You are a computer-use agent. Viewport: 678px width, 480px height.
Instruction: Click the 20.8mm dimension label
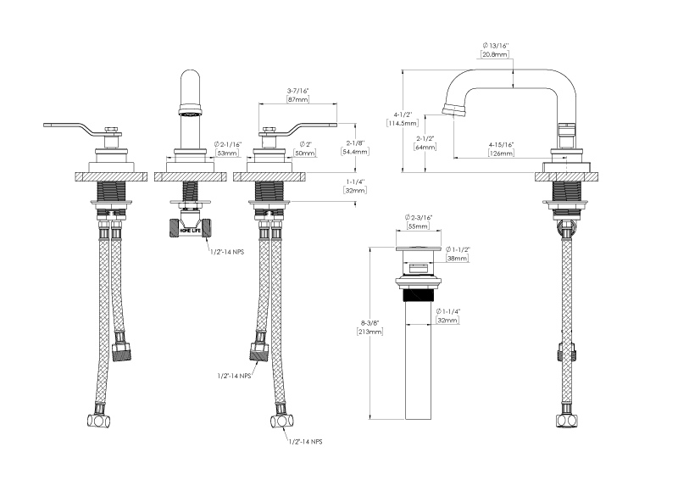(x=494, y=53)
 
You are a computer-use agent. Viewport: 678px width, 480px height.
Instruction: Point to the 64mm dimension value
(x=425, y=147)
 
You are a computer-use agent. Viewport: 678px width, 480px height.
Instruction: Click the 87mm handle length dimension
(x=297, y=100)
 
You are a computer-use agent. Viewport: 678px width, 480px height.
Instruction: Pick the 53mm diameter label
(x=226, y=153)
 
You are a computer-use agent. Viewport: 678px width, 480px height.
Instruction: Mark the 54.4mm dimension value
(x=354, y=152)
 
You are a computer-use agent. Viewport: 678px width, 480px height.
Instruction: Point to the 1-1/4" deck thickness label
(x=354, y=181)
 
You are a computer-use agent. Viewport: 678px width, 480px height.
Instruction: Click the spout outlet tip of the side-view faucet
(x=449, y=109)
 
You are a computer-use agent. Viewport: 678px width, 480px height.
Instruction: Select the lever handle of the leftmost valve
(x=68, y=127)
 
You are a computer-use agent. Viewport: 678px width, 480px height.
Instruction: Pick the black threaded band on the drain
(x=419, y=297)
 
